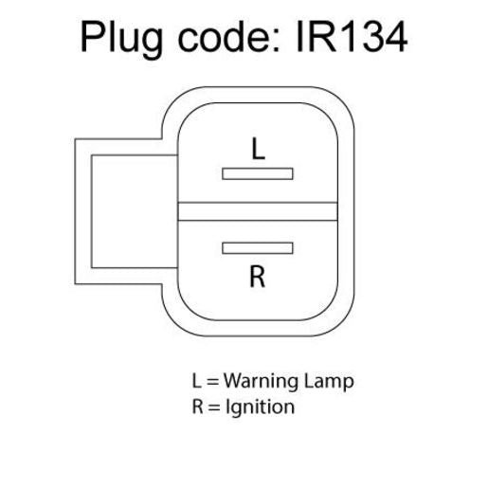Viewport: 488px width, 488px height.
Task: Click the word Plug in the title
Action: click(122, 40)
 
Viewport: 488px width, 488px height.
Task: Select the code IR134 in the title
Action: click(352, 37)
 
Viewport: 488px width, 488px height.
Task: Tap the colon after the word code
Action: click(276, 41)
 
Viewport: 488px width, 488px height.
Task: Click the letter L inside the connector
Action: click(258, 149)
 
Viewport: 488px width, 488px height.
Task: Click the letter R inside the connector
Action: click(258, 277)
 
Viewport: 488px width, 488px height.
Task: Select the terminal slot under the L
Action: click(258, 173)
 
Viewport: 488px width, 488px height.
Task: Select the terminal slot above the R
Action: click(258, 248)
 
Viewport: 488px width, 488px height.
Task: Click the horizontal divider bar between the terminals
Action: click(258, 211)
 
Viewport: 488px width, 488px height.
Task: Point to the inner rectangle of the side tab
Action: click(92, 211)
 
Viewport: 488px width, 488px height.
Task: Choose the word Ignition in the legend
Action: click(261, 407)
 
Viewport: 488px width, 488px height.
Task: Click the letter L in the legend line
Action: click(196, 381)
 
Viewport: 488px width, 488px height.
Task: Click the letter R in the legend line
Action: click(197, 407)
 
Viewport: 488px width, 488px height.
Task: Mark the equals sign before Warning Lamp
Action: click(213, 382)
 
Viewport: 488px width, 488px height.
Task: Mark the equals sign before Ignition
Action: click(214, 407)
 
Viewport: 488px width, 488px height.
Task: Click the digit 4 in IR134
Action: click(395, 37)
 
